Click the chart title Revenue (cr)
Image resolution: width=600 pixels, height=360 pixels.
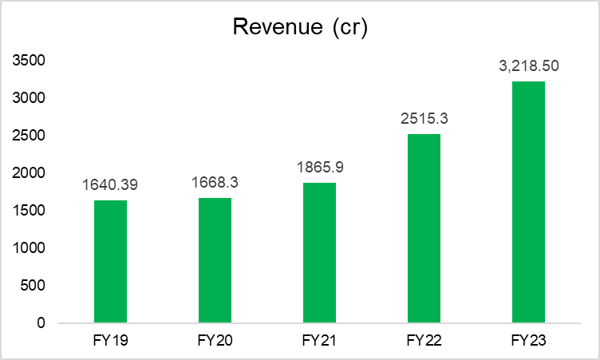299,26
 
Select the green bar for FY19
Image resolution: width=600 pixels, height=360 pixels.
110,261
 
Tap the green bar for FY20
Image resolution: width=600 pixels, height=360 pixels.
215,260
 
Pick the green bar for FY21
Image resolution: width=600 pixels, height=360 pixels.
319,252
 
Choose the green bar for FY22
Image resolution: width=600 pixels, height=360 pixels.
424,228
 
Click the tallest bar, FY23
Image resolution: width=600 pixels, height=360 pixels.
528,202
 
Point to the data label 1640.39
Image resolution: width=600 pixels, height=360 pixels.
110,185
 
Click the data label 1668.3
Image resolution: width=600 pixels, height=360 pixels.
215,183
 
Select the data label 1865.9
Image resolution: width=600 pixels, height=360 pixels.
319,168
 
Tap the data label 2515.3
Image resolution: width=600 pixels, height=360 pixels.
424,120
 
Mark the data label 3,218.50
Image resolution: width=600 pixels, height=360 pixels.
529,67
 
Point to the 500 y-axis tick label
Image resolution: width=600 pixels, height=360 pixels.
35,286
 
